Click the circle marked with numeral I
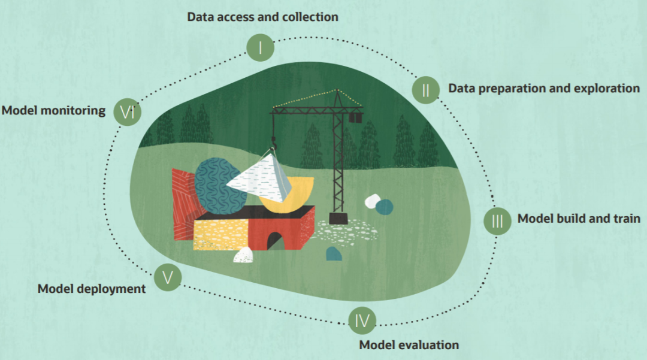tap(260, 47)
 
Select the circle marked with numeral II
tap(426, 90)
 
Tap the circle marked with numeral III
tap(497, 220)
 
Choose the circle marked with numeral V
tap(168, 277)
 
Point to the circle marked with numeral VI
tap(128, 111)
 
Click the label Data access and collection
tap(262, 17)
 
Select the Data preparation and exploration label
tap(544, 89)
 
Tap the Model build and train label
tap(579, 218)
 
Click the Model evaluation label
tap(409, 345)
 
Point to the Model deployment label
tap(92, 289)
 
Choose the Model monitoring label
tap(53, 110)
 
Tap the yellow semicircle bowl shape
tap(294, 195)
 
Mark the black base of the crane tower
tap(339, 218)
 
